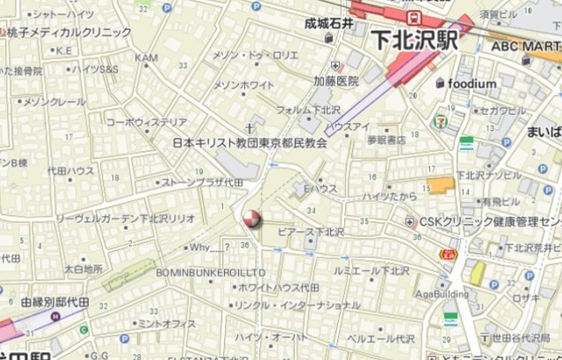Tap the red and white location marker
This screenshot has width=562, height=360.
(x=251, y=218)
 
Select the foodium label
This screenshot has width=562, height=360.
(x=472, y=83)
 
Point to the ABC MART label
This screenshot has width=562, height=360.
(x=525, y=46)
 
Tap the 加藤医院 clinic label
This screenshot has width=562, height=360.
(x=336, y=81)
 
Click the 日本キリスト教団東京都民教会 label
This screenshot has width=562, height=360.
(x=249, y=141)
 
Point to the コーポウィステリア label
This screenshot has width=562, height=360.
(x=146, y=122)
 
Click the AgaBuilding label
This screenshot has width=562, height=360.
(x=442, y=294)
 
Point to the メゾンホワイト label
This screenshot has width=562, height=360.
(x=245, y=85)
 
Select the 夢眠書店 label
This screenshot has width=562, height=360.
(x=385, y=140)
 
